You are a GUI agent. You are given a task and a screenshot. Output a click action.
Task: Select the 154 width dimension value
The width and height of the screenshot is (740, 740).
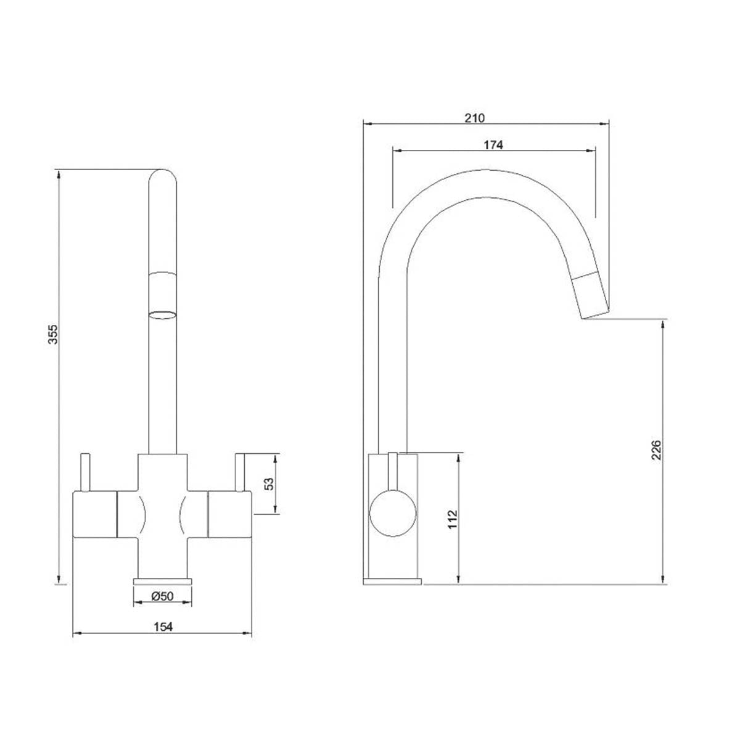pos(163,627)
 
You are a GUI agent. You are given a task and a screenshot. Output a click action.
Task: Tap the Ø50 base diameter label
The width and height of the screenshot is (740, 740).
pos(162,596)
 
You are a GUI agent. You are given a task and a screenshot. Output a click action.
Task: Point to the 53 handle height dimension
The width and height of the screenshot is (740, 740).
pos(269,484)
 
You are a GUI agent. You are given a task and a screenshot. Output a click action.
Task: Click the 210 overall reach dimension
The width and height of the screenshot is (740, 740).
pos(475,118)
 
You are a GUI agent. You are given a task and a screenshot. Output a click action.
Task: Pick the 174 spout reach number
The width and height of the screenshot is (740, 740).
pos(493,146)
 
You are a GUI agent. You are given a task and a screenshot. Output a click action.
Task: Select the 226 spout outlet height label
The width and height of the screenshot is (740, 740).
pos(656,450)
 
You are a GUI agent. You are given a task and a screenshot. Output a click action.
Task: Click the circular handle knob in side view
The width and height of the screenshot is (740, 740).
pos(393,512)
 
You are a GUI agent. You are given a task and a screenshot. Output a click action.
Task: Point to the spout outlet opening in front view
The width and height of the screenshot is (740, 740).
pos(163,314)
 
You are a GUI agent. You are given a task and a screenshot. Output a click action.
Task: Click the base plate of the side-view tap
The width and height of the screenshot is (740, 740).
pos(393,581)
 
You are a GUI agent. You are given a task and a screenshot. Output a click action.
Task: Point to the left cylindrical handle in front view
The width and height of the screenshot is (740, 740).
pos(94,515)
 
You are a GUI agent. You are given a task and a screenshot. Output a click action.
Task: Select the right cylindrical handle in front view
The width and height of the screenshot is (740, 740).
pos(230,515)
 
